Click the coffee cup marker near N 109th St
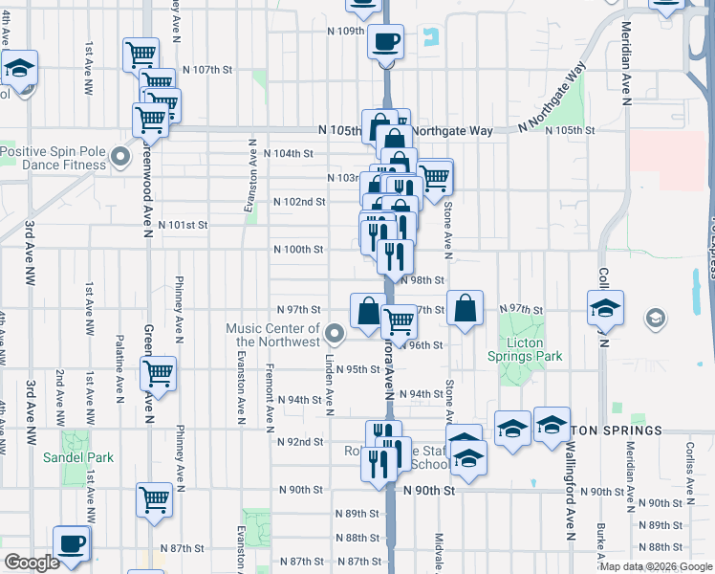coord(386,42)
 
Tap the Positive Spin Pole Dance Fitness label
coord(54,158)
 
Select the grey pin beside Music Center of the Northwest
coord(334,334)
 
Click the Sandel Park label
coord(78,457)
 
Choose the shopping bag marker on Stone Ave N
coord(465,309)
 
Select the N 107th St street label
coord(207,70)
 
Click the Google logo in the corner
coord(32,563)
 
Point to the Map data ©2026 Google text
coord(656,565)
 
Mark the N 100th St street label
coord(298,249)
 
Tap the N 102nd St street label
coord(299,202)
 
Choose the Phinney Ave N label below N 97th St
coord(180,431)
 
